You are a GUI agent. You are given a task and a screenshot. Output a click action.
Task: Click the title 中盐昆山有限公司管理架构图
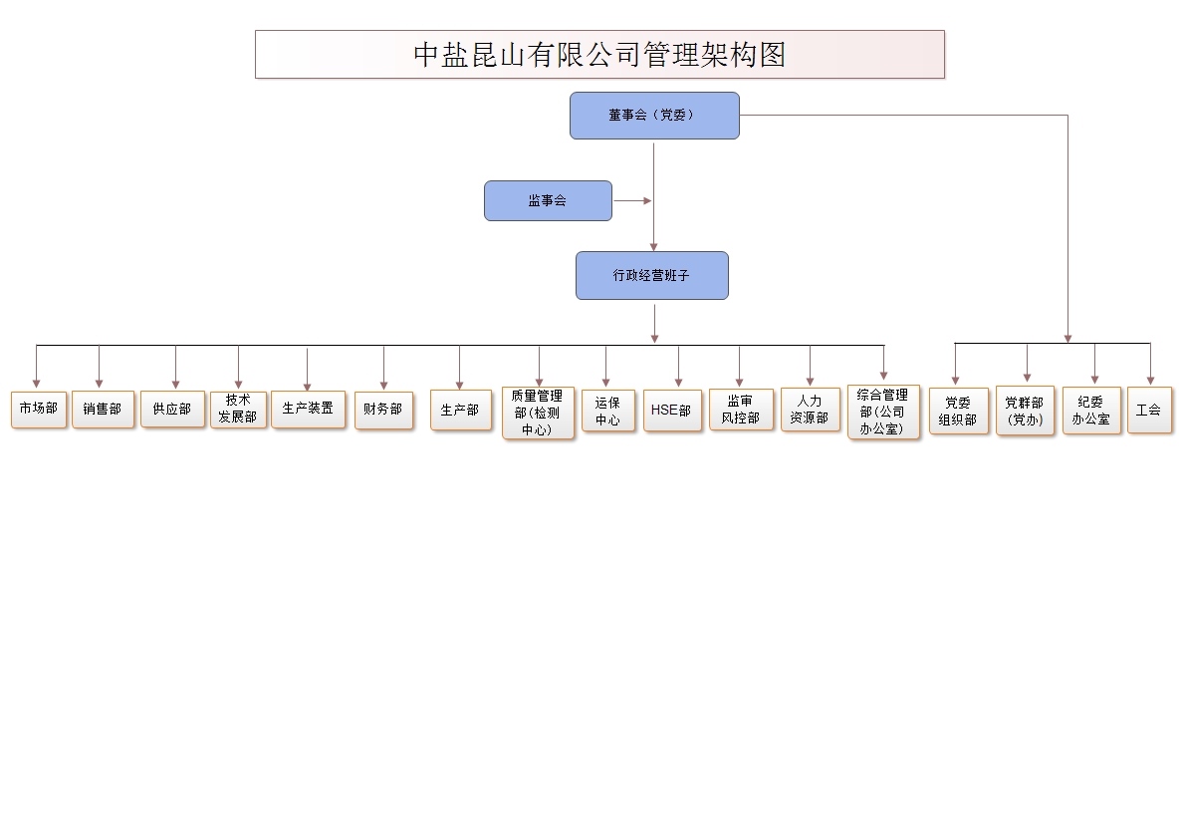(x=599, y=54)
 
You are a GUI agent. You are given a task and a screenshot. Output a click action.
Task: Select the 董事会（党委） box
(x=654, y=116)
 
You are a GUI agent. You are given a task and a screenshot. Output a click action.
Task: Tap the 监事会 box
(x=548, y=201)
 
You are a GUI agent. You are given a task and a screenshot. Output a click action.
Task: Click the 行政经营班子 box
(x=651, y=276)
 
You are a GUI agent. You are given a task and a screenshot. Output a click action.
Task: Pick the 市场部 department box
(x=39, y=410)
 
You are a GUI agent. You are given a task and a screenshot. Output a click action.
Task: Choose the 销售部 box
(x=103, y=410)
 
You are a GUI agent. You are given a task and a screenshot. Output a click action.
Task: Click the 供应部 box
(x=172, y=410)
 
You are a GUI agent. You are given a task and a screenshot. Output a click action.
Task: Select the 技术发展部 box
(x=238, y=410)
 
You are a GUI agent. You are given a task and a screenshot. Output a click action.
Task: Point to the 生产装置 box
(x=308, y=410)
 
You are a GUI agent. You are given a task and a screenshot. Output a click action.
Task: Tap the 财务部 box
(x=382, y=410)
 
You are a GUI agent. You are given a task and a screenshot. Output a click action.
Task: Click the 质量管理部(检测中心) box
(x=538, y=413)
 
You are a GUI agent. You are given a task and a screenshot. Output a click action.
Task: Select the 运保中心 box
(x=607, y=412)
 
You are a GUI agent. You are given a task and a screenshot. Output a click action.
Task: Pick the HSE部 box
(x=672, y=411)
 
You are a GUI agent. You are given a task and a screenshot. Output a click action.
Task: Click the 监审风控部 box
(x=741, y=410)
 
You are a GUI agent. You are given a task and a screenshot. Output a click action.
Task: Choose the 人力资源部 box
(x=810, y=410)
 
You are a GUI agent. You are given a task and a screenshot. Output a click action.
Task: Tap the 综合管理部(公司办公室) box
(x=883, y=413)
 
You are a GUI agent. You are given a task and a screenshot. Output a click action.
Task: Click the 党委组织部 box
(x=958, y=412)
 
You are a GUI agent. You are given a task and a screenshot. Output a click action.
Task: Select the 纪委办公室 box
(x=1091, y=411)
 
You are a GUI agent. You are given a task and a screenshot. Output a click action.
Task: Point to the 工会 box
(x=1149, y=411)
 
